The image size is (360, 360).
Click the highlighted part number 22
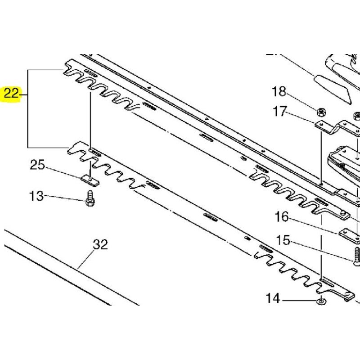point(11,94)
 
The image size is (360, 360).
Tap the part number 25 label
point(38,165)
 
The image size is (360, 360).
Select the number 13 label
point(36,196)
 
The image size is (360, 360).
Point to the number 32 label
point(100,244)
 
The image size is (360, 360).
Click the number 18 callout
point(279,91)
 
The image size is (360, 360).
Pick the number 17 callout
point(280,111)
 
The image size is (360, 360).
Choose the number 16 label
point(282,216)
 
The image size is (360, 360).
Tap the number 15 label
point(283,240)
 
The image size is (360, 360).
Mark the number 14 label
point(273,298)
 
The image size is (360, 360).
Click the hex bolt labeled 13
point(90,198)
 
